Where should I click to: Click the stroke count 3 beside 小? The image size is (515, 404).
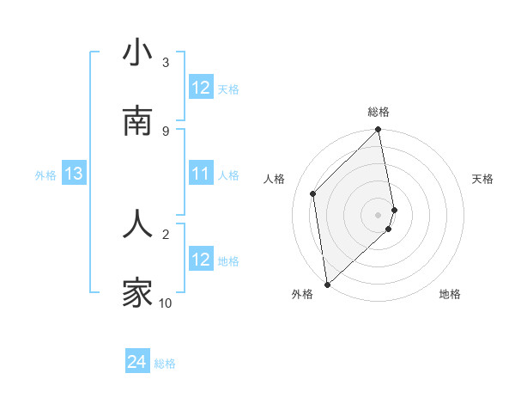(166, 62)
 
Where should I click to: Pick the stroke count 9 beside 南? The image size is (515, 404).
(166, 131)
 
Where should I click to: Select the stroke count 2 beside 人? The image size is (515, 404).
(166, 232)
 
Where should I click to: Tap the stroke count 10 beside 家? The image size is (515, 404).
(166, 303)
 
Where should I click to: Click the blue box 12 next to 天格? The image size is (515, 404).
(201, 88)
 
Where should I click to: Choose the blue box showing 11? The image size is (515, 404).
(201, 174)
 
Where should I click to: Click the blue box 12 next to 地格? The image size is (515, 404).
(201, 260)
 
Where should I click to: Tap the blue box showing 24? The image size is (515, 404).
(137, 363)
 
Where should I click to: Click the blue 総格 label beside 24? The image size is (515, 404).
(165, 364)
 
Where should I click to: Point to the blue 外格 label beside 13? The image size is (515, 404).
(45, 175)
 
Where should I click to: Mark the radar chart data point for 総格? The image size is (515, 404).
(379, 131)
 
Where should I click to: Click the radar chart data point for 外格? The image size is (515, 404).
(327, 285)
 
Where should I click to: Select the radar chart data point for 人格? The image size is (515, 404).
(313, 193)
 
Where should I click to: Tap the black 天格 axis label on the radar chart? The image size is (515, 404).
(483, 179)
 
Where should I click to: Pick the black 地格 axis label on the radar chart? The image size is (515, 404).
(450, 294)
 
